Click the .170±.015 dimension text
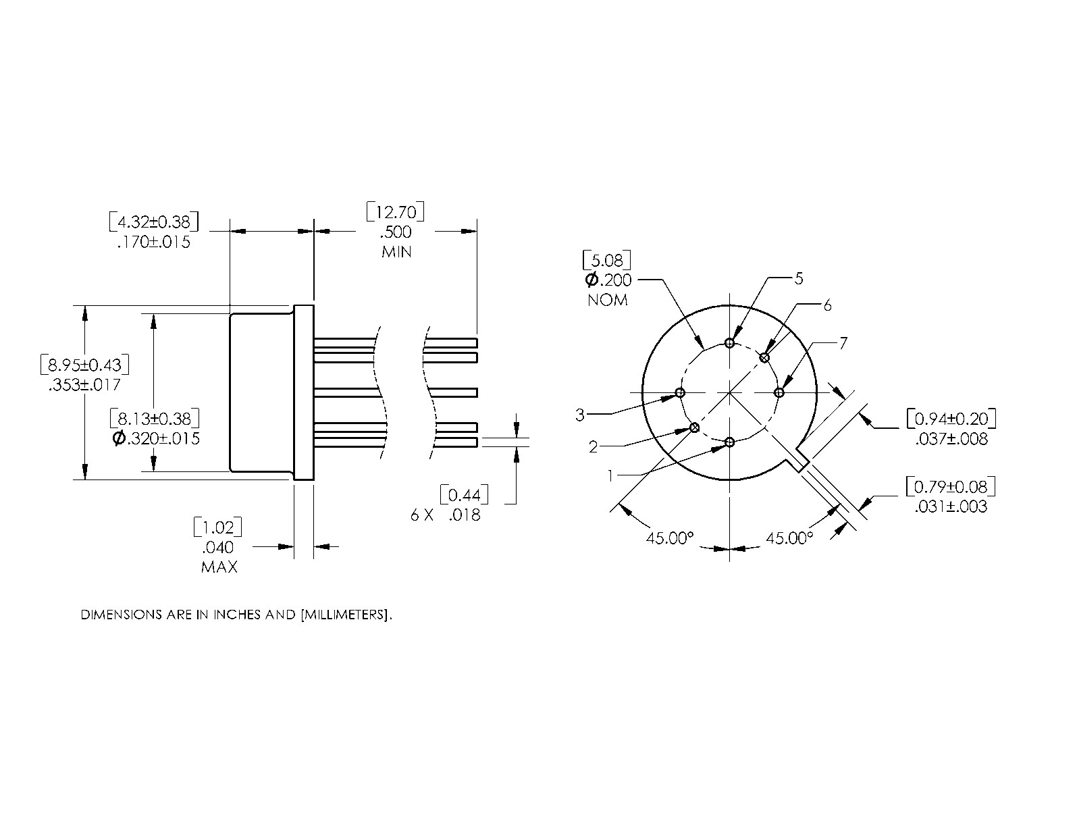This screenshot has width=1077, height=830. click(153, 242)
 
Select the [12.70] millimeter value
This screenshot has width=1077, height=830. click(396, 213)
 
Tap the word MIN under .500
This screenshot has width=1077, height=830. click(396, 252)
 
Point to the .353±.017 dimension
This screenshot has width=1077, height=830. click(84, 385)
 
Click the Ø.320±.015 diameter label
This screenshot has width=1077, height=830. click(156, 438)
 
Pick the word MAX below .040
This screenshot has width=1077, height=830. click(219, 567)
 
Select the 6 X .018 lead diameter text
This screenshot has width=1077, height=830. click(446, 515)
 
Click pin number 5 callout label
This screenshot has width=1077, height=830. click(799, 278)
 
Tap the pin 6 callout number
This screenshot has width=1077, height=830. click(827, 305)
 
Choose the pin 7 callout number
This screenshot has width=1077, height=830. click(843, 344)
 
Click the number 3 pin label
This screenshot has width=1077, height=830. click(579, 415)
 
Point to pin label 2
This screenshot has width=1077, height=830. click(593, 446)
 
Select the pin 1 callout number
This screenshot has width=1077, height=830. click(610, 476)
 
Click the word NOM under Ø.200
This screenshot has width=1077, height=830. click(607, 300)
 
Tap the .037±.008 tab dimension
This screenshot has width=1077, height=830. click(951, 439)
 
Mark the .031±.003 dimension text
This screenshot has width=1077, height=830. click(951, 507)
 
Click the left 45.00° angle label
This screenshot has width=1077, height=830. click(670, 538)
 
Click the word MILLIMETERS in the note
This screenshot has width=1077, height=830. click(344, 615)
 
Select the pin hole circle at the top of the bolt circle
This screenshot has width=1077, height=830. click(729, 343)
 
